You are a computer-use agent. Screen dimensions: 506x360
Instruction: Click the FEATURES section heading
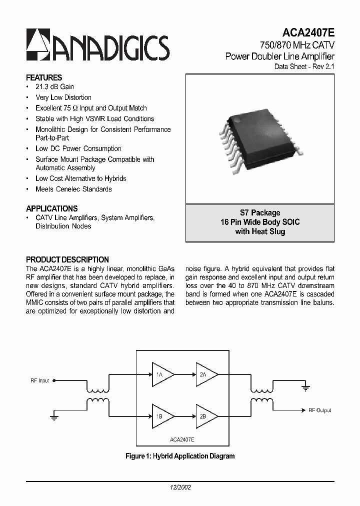pos(44,77)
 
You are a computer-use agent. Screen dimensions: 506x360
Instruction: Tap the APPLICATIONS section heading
pos(51,208)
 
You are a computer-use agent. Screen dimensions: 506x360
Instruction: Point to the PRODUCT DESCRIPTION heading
pos(67,259)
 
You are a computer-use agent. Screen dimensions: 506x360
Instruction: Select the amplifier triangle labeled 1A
pos(162,375)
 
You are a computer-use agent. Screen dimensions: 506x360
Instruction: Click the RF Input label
pos(40,380)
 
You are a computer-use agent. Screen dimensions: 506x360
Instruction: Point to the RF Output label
pos(320,410)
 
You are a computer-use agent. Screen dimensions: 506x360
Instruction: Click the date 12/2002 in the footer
pos(180,486)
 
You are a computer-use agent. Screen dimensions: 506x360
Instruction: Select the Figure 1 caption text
pos(180,456)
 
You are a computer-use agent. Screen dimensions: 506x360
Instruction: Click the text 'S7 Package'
pos(260,212)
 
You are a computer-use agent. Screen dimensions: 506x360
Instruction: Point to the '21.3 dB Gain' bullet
pos(54,87)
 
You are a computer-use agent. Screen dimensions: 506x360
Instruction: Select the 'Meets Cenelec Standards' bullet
pos(73,189)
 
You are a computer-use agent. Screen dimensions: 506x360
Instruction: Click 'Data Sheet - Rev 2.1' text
pos(304,66)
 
